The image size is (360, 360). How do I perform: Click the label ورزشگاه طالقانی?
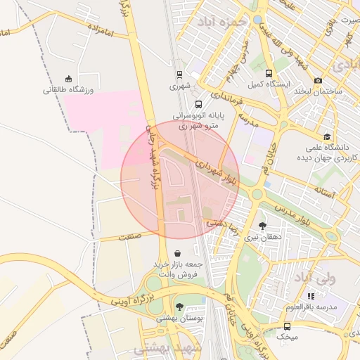(69, 90)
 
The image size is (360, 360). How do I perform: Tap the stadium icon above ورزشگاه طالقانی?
(68, 79)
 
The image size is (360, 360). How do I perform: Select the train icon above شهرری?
(179, 75)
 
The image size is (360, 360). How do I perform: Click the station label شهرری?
(179, 86)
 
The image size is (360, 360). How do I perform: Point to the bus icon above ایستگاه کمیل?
(268, 73)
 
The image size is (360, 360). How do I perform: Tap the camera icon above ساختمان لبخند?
(318, 81)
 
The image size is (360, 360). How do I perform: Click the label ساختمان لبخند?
(318, 92)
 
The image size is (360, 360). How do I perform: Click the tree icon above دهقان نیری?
(262, 226)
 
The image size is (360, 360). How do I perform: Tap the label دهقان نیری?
(262, 238)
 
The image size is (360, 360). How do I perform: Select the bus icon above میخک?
(287, 326)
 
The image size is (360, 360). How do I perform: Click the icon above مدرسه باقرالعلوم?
(311, 297)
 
